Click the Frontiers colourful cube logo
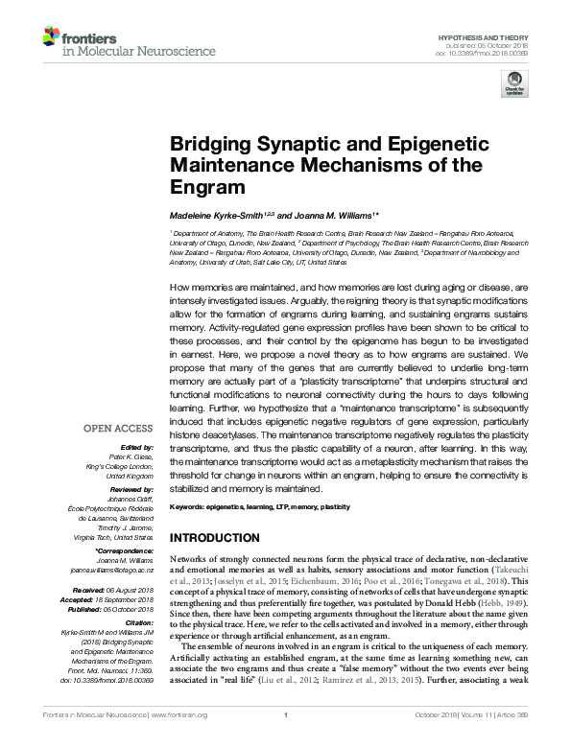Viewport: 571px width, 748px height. (x=51, y=36)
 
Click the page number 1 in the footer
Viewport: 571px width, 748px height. (x=286, y=739)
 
